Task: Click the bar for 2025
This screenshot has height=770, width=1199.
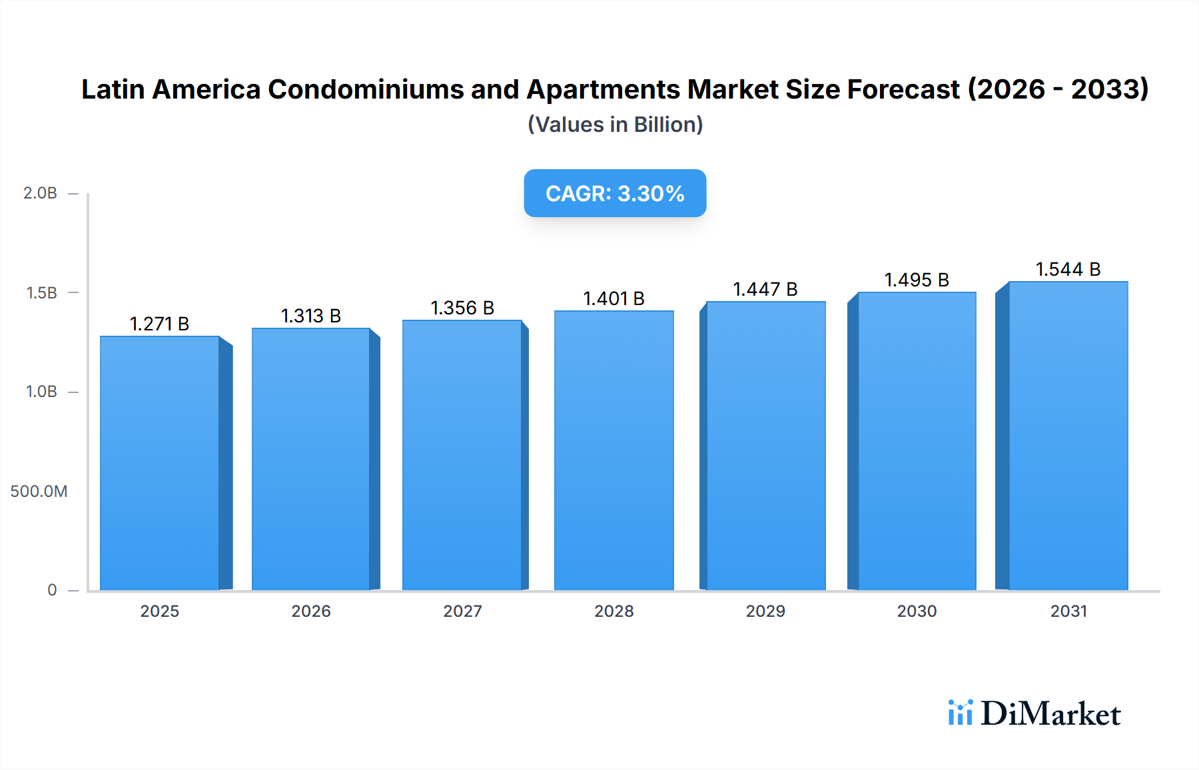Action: coord(160,463)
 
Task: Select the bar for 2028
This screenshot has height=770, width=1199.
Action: coord(613,450)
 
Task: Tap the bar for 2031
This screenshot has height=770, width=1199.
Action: coord(1068,436)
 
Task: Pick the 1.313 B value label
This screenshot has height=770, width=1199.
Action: coord(310,316)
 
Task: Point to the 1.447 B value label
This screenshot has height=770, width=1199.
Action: coord(765,289)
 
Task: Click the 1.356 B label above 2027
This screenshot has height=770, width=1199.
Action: coord(462,308)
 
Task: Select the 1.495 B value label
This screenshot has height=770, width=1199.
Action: coord(916,280)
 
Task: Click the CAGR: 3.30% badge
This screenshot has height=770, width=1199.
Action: coord(615,193)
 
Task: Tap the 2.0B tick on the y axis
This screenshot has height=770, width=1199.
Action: coord(40,193)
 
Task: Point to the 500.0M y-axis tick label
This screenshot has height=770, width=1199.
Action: coord(39,492)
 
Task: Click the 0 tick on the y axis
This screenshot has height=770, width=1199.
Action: coord(52,590)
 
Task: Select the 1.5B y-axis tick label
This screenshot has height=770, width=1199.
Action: coord(41,293)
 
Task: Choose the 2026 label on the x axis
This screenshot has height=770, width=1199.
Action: coord(310,611)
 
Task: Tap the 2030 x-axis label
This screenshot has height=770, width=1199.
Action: coord(917,611)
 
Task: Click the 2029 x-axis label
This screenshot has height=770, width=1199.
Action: coord(765,611)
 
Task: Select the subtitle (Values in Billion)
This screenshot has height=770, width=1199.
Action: coord(615,125)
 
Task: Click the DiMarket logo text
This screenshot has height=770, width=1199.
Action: coord(1050,714)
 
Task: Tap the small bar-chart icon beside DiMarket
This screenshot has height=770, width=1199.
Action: coord(960,713)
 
